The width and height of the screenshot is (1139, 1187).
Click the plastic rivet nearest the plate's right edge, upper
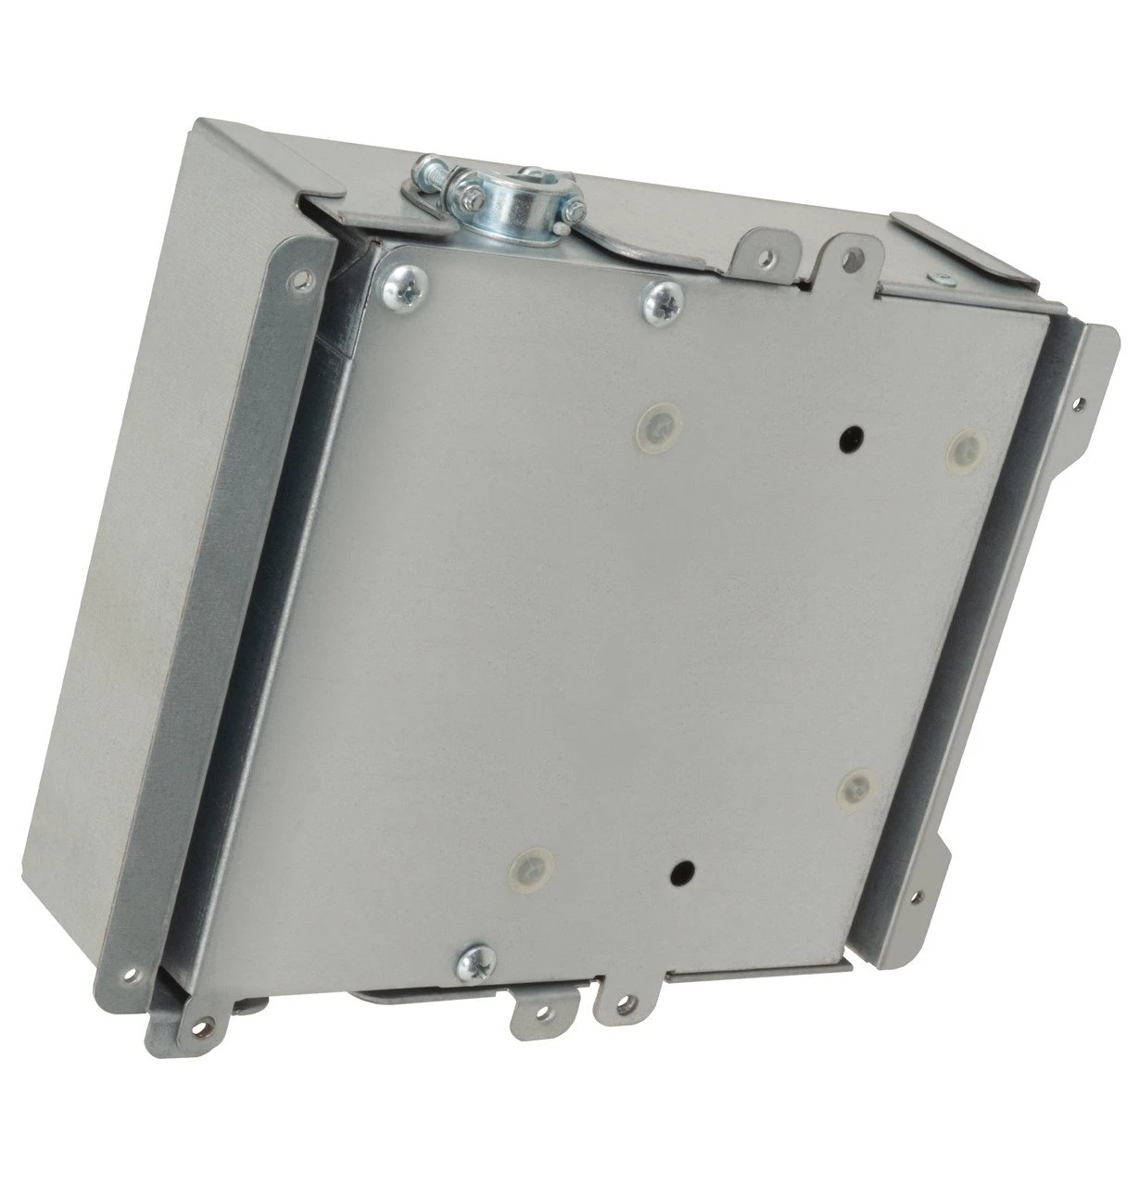point(964,447)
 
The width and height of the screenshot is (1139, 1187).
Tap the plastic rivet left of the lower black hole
point(527,868)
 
